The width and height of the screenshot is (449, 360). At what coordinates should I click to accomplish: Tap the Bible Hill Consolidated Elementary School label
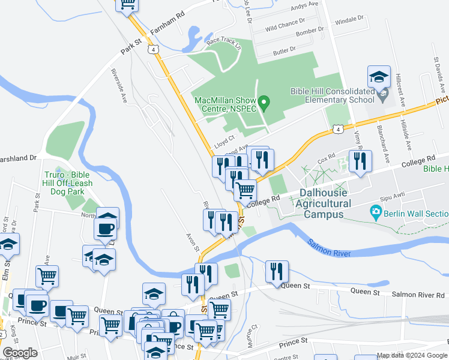(332, 95)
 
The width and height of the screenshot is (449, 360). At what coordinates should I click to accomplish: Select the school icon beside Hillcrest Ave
(379, 78)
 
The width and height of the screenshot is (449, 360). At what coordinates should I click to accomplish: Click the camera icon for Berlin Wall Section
(376, 211)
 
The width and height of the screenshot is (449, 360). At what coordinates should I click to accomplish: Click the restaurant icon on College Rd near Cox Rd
(360, 161)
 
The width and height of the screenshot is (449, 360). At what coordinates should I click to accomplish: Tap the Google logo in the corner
(20, 353)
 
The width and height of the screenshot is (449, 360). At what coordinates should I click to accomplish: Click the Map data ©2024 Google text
(412, 355)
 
